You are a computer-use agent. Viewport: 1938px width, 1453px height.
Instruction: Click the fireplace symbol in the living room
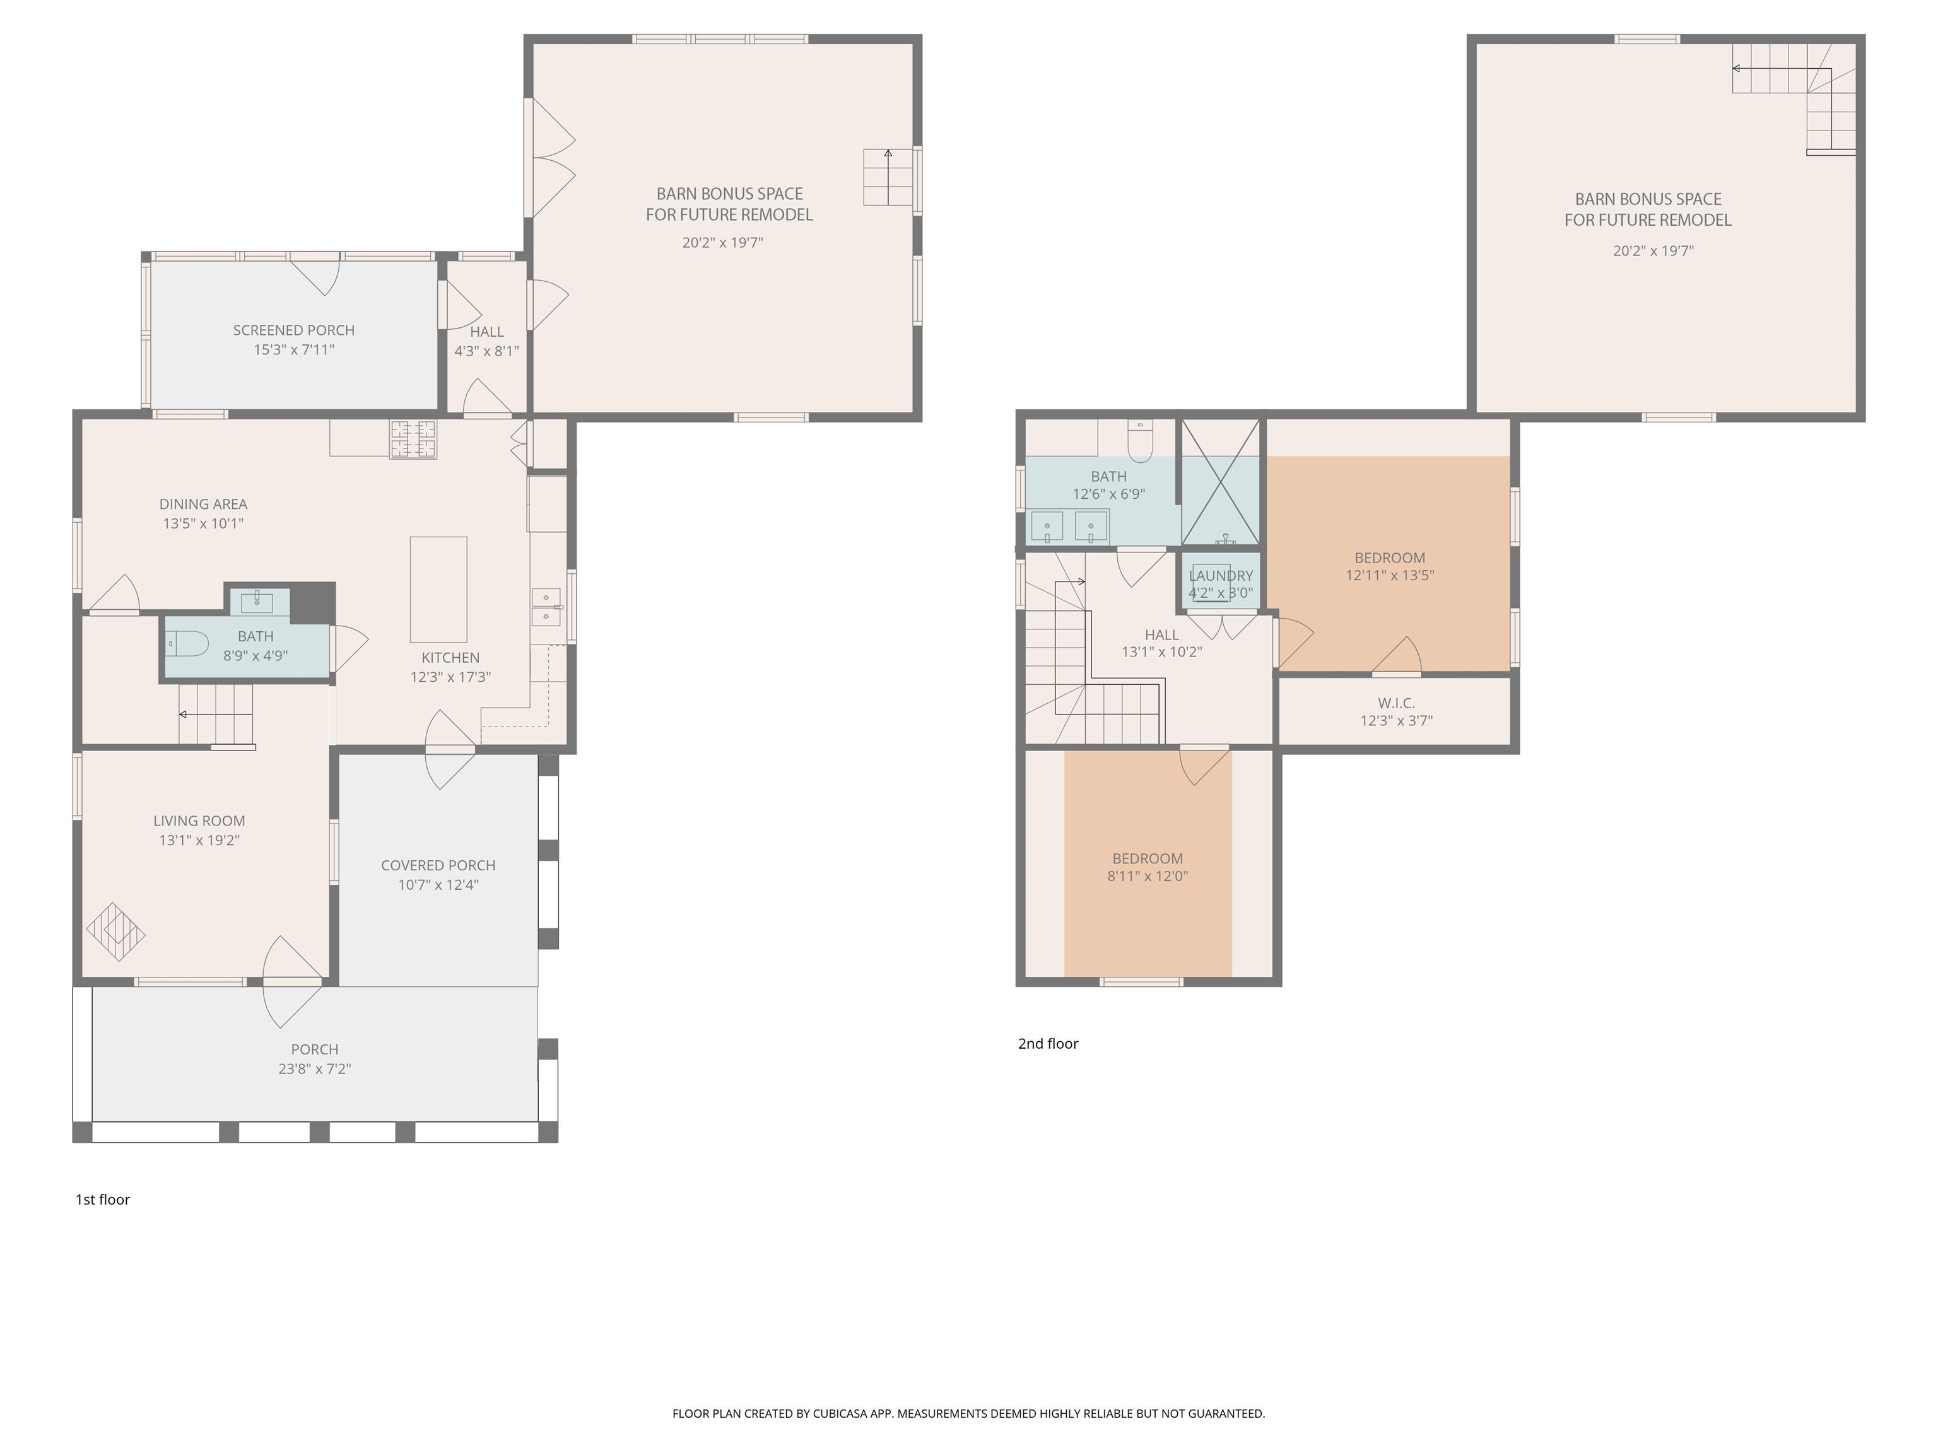115,932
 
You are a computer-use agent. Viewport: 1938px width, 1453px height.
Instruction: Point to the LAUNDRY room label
1221,575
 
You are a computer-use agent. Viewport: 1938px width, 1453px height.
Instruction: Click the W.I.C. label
1395,703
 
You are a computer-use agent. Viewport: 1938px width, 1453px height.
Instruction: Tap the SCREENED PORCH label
293,330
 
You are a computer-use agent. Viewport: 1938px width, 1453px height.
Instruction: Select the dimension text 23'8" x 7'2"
315,1068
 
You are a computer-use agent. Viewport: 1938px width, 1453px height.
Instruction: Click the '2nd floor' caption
1048,1043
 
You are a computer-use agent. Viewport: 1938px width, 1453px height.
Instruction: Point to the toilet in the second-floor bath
1140,441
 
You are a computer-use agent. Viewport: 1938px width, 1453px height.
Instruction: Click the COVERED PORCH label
438,865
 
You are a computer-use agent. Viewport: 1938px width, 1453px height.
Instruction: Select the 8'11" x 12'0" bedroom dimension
1147,877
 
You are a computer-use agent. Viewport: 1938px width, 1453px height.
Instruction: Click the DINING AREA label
203,505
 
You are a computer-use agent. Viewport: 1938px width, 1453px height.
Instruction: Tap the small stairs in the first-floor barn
888,177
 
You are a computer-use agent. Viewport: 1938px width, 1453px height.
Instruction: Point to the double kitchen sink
546,607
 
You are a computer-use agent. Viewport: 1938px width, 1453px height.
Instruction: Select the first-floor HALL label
486,332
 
